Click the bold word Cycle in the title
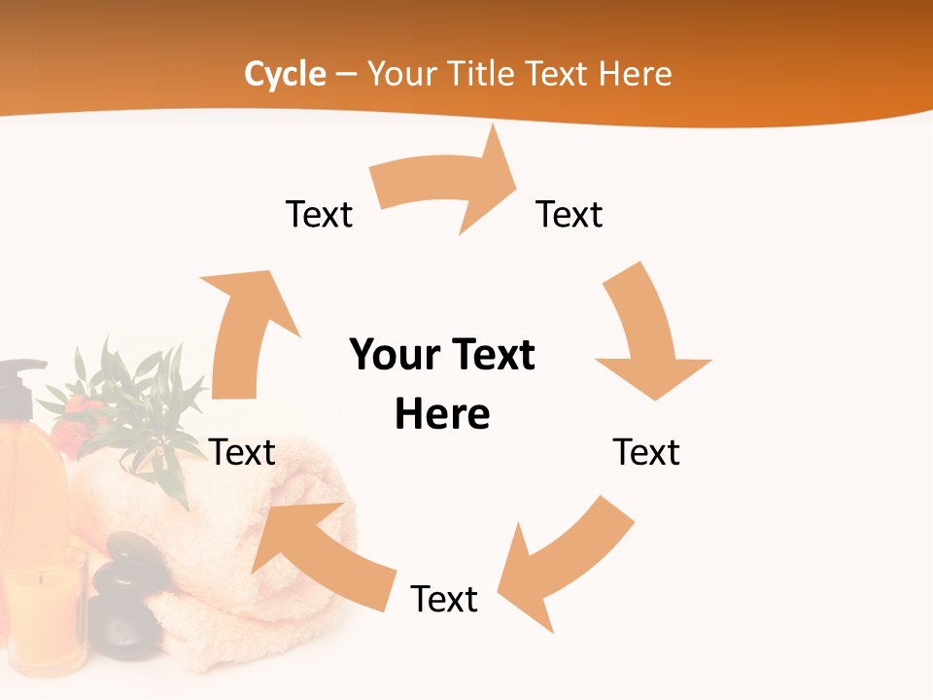[285, 74]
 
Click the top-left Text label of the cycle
[319, 214]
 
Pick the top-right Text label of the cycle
[570, 214]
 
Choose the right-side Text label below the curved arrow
[646, 452]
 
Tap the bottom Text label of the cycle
[444, 599]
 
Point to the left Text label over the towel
[242, 452]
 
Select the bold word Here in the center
[442, 415]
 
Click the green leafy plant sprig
[136, 399]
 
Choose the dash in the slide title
[347, 75]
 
